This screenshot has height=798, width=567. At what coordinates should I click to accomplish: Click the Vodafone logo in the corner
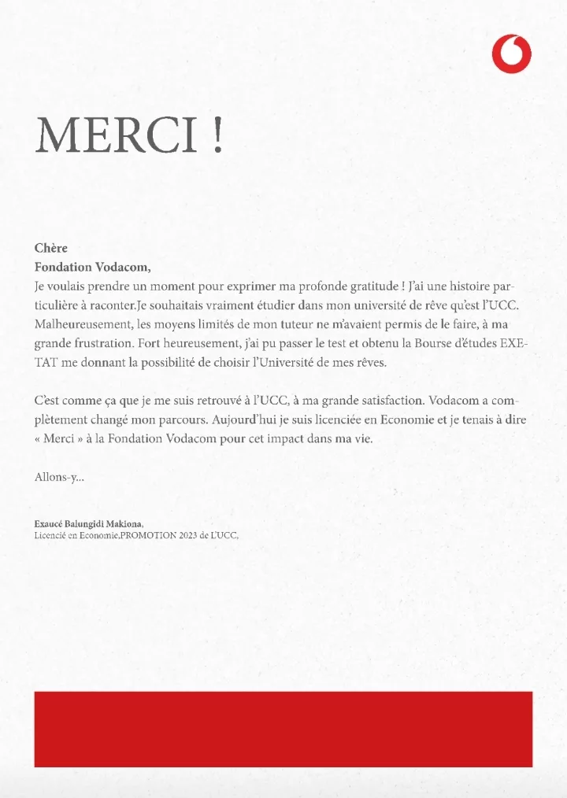511,54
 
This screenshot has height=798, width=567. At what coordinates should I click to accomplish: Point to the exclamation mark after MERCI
217,135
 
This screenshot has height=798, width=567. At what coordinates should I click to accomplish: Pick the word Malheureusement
80,323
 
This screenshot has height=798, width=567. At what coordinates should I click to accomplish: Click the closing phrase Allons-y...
59,477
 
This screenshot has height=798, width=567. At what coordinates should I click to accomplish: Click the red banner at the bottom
283,729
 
